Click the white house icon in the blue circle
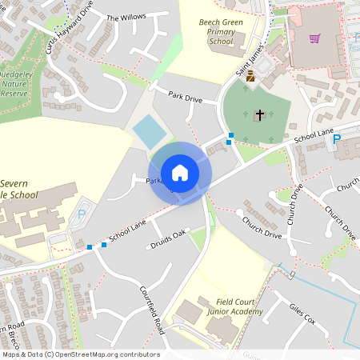click(x=180, y=173)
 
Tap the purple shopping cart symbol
click(x=314, y=38)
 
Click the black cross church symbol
click(x=258, y=115)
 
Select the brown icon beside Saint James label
click(x=250, y=77)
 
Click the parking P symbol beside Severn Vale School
click(x=82, y=214)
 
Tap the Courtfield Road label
click(x=151, y=310)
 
